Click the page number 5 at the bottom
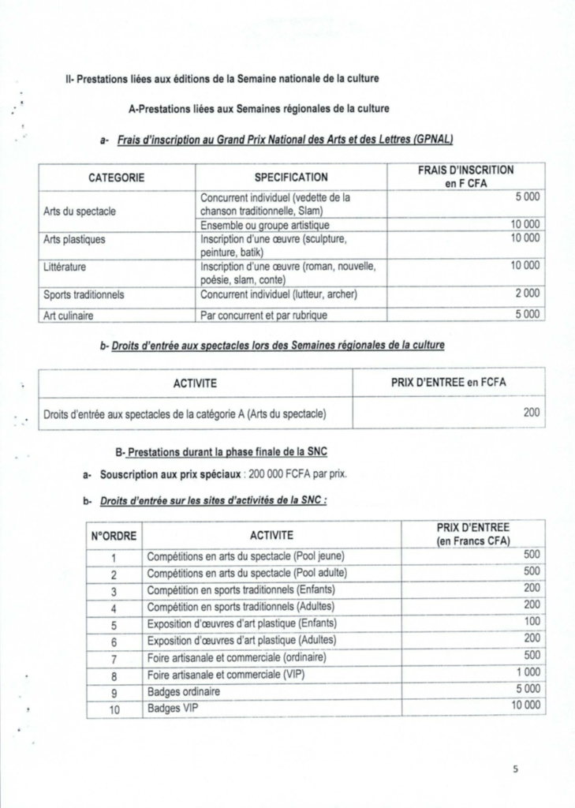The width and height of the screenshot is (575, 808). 513,771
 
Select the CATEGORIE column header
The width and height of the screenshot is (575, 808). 116,178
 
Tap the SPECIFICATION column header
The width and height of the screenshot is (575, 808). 291,178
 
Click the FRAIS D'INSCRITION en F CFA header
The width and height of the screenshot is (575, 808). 465,177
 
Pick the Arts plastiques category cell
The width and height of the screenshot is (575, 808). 74,238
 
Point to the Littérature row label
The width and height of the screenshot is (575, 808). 65,267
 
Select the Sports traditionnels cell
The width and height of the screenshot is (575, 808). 84,295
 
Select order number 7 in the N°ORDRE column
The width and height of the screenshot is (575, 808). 114,658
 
